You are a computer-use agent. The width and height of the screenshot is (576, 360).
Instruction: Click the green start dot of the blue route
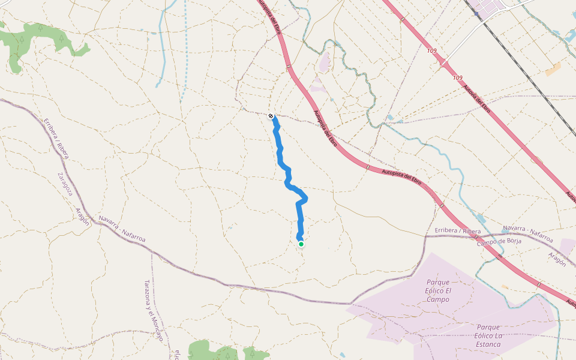coord(301,244)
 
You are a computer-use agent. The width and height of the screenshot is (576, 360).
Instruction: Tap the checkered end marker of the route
coord(271,116)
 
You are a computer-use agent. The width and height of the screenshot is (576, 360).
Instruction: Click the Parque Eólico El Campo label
coord(438,290)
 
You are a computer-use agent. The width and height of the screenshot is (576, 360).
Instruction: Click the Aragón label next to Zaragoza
coord(82,216)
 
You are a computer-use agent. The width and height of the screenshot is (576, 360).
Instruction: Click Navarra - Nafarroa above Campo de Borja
coord(528,233)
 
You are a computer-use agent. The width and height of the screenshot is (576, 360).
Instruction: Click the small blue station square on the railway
coord(478,13)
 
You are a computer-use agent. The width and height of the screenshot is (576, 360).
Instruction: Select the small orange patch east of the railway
coord(553,70)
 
